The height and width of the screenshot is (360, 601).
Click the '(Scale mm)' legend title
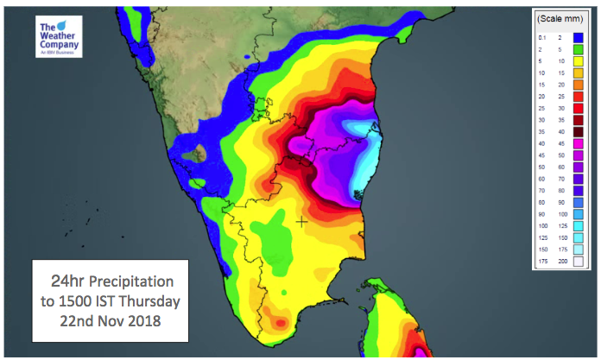pos(561,18)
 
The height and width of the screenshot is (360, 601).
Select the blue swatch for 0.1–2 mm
pos(578,37)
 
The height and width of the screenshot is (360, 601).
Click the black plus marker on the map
pos(301,222)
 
